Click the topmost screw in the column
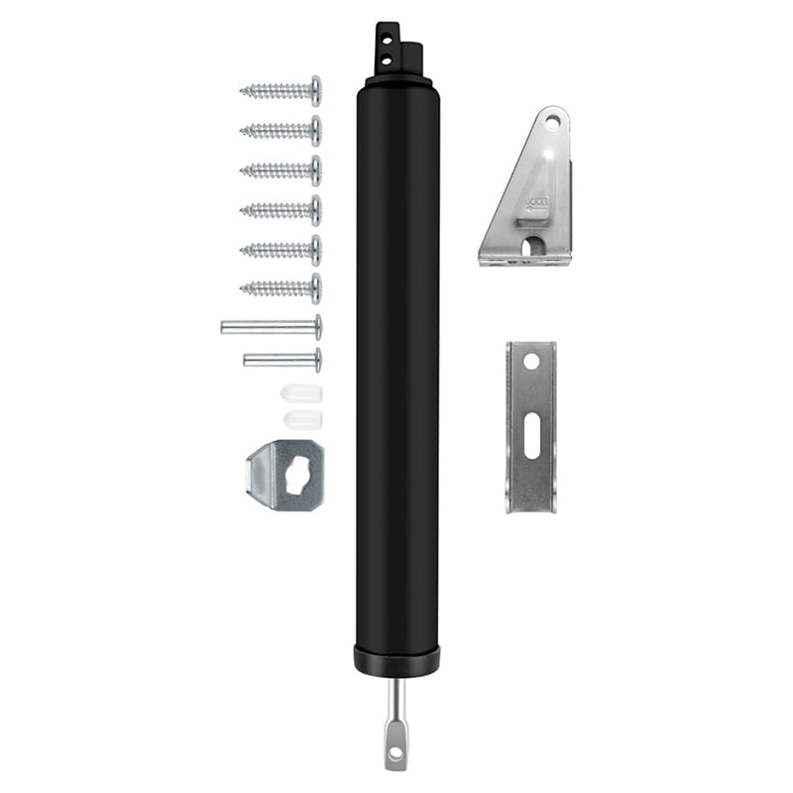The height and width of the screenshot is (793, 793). (x=282, y=91)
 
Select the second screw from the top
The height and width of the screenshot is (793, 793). (x=282, y=130)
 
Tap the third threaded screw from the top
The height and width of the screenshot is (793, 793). (x=282, y=170)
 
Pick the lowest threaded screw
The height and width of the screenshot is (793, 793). (x=282, y=288)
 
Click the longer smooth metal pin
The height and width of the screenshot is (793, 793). (x=271, y=326)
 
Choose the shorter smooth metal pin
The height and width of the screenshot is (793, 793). (x=283, y=359)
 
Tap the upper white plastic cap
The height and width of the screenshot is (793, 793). (x=295, y=393)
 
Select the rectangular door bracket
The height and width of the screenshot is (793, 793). (x=531, y=426)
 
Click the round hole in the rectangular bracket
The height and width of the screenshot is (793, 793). (x=531, y=364)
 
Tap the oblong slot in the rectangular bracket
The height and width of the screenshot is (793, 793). (x=532, y=437)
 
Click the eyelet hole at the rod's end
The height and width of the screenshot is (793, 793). (x=396, y=752)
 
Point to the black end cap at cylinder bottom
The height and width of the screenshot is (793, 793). (x=396, y=660)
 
